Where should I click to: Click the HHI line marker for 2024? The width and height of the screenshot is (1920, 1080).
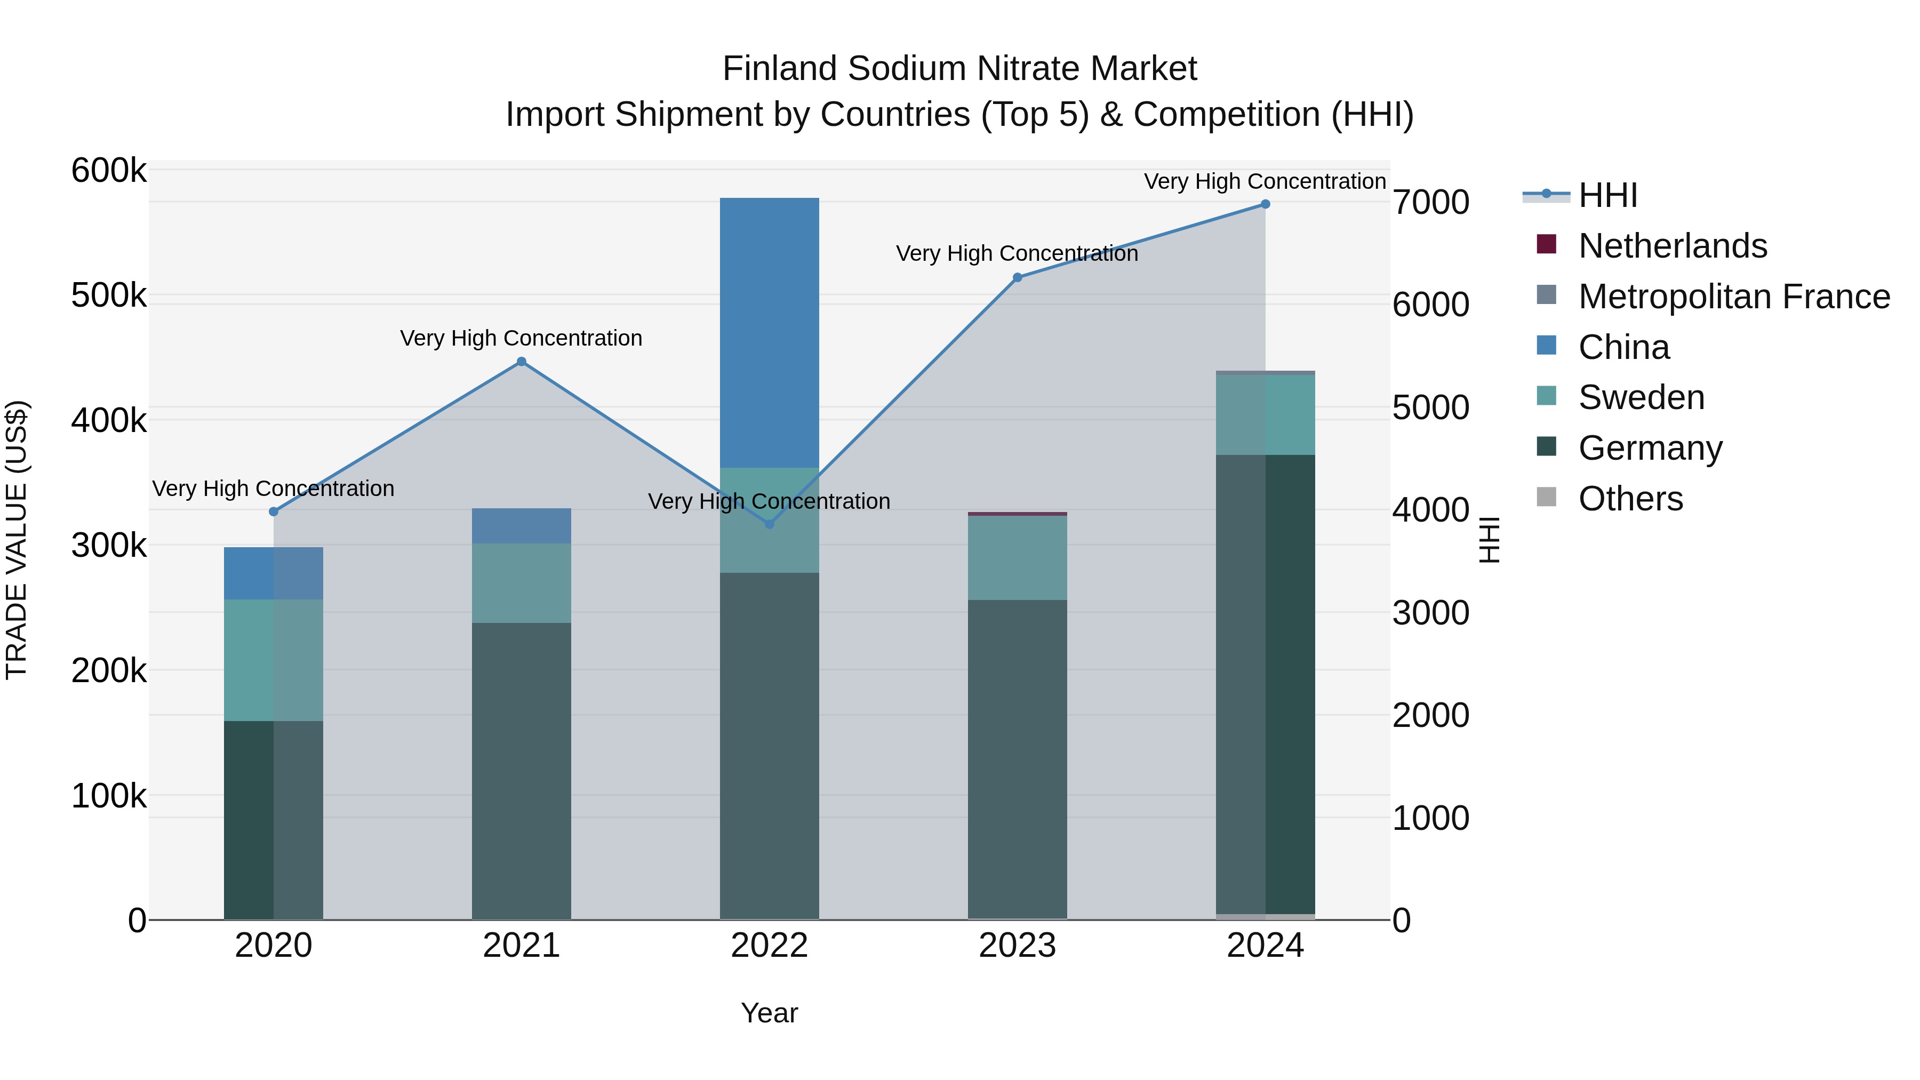[1265, 204]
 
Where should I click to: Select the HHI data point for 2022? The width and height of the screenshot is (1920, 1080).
[769, 524]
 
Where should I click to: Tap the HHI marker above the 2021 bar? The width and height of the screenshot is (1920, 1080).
[522, 362]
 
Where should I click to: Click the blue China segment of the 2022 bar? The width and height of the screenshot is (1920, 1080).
[769, 332]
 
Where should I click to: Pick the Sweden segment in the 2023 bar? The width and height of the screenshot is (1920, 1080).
[1018, 557]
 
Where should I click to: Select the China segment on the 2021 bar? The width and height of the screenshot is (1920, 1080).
[522, 525]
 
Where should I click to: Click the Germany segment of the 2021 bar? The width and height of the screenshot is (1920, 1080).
[522, 767]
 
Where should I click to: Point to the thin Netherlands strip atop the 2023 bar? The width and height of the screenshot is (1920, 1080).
[1018, 514]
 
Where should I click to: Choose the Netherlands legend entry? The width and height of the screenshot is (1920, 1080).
[1672, 246]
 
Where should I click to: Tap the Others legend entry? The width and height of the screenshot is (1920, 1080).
[1630, 499]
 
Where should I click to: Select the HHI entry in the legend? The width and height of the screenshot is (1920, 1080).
[1607, 195]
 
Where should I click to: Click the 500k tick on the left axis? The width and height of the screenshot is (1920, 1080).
[109, 296]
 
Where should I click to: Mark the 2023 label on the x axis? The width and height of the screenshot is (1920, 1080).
[1018, 946]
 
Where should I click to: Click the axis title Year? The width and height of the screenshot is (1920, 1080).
[769, 1013]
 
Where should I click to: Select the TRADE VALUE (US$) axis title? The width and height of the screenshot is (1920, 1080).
[17, 540]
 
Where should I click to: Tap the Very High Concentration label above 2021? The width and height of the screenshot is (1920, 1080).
[521, 338]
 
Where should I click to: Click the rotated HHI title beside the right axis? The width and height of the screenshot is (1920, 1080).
[1489, 540]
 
